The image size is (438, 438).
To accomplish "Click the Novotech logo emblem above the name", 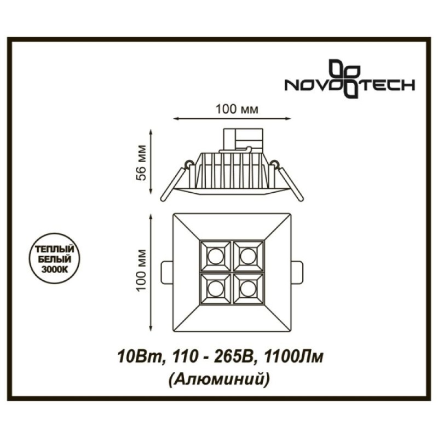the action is (x=344, y=78).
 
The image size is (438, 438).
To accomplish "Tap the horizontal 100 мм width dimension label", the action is (x=237, y=109).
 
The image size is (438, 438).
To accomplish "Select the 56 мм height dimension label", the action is (x=142, y=163).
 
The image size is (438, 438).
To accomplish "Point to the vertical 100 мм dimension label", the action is (x=142, y=270).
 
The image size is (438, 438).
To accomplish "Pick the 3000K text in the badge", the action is (x=54, y=269).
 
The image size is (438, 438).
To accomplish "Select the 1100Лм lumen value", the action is (x=293, y=357).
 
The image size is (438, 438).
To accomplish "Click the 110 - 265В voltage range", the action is (x=212, y=357).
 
